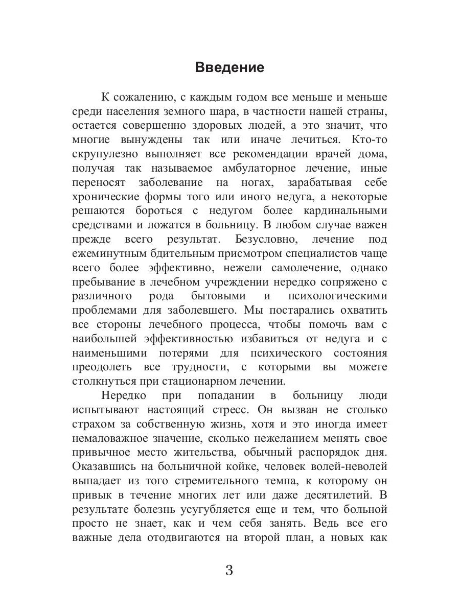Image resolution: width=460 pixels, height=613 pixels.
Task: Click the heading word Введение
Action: pyautogui.click(x=229, y=68)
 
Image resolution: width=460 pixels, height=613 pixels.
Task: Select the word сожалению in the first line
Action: pyautogui.click(x=144, y=97)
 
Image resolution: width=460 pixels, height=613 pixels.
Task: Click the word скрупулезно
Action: pyautogui.click(x=104, y=154)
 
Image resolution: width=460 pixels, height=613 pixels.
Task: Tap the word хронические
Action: pyautogui.click(x=104, y=197)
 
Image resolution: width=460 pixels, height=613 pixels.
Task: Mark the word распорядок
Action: pyautogui.click(x=325, y=452)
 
